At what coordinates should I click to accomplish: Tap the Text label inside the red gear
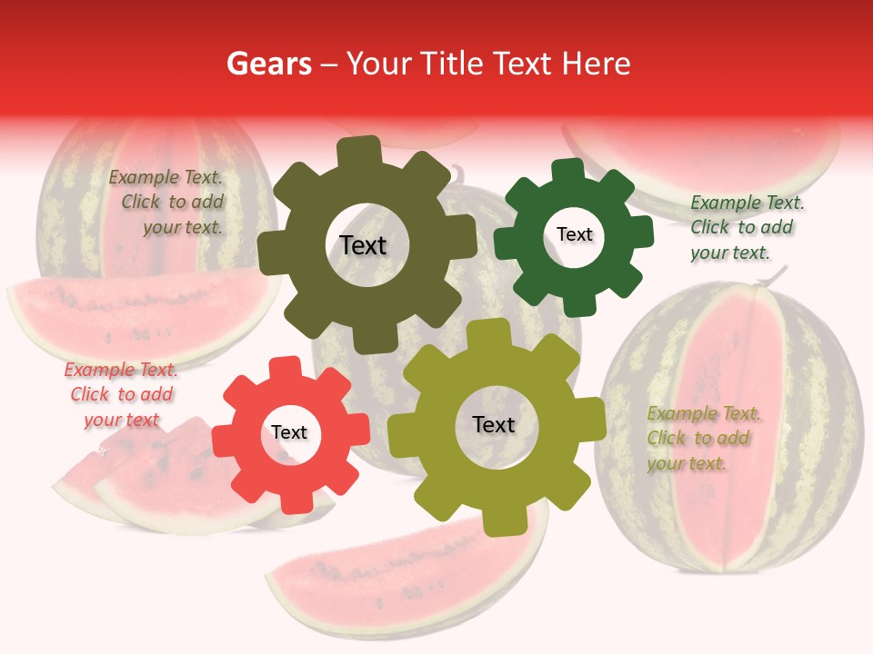(289, 433)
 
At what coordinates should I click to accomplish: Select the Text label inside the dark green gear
(574, 234)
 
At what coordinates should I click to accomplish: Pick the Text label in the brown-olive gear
(363, 245)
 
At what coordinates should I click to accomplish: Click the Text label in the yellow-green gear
(494, 424)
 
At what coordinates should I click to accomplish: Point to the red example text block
(121, 395)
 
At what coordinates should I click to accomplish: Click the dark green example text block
(747, 228)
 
